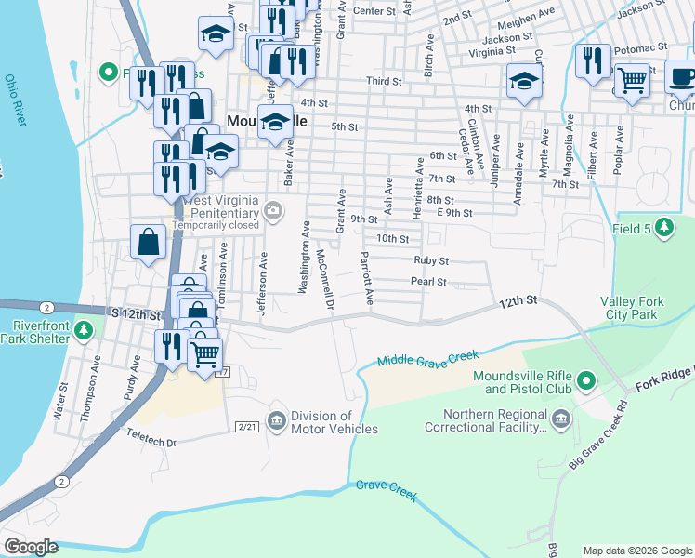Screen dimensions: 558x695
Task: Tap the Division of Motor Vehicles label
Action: tap(334, 423)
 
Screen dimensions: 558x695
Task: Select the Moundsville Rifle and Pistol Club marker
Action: tap(585, 380)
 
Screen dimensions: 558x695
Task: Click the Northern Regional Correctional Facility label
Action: tap(486, 421)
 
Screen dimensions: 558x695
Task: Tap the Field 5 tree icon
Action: tap(663, 226)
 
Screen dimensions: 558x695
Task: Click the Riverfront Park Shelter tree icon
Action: tap(83, 330)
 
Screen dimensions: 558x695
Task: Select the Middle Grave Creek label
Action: tap(427, 356)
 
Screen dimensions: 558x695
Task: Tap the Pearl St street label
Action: tap(429, 282)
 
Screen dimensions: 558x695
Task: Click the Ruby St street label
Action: tap(431, 261)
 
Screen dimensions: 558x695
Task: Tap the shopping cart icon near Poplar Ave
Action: tap(633, 80)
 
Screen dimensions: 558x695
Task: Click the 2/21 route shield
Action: tap(246, 426)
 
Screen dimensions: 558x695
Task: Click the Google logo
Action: tap(32, 547)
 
